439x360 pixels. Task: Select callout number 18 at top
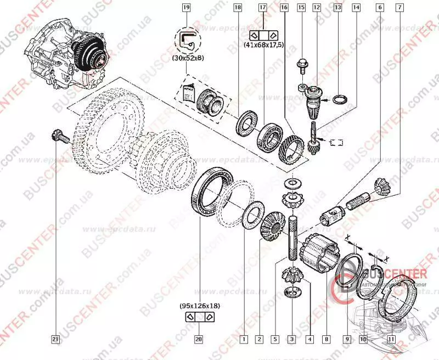(x=237, y=8)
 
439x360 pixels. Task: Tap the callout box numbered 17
(x=262, y=8)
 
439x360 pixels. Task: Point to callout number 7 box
(x=399, y=8)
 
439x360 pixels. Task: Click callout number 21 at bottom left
(x=55, y=340)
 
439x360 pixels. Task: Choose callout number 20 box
(x=199, y=340)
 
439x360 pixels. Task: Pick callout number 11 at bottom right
(x=391, y=340)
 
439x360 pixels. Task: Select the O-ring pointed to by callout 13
(x=340, y=99)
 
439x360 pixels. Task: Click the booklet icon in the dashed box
(x=188, y=93)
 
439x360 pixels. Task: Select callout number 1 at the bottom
(x=242, y=340)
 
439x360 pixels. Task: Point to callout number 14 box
(x=357, y=8)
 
